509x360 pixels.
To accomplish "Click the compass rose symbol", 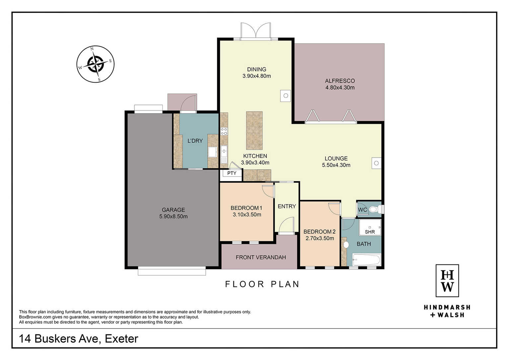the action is (96, 64).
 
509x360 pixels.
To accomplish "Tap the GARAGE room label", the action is (174, 210).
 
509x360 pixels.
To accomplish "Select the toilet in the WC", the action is (376, 209).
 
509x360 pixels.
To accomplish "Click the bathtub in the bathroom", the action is (366, 260).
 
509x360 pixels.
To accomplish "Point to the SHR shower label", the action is (370, 232).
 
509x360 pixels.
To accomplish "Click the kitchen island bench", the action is (254, 130).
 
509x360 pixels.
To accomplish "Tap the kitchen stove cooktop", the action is (224, 131).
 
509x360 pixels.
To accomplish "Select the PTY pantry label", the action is (232, 173).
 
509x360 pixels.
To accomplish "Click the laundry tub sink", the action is (212, 152).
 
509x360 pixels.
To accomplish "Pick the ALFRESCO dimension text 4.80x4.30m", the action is (340, 88).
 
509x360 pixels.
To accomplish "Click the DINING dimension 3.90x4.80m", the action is (256, 76).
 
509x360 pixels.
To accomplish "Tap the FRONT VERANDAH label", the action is (260, 257).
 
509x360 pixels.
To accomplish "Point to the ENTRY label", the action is (287, 206).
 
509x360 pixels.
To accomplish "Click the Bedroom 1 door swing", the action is (268, 191).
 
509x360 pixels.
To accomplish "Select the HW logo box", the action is (447, 281).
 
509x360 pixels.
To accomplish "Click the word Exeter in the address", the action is (121, 339).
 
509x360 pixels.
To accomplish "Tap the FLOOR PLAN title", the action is (262, 284).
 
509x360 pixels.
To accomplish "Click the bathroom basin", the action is (346, 245).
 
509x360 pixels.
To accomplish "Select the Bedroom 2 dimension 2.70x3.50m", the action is (320, 239).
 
